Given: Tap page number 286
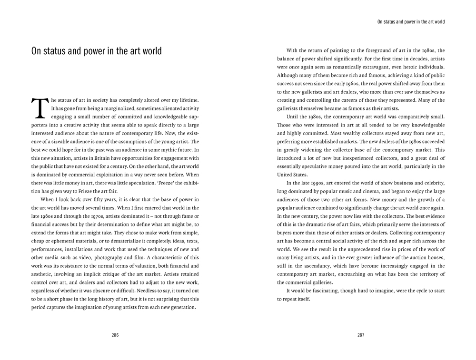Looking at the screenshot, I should pyautogui.click(x=115, y=335).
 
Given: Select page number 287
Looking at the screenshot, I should pyautogui.click(x=361, y=335).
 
